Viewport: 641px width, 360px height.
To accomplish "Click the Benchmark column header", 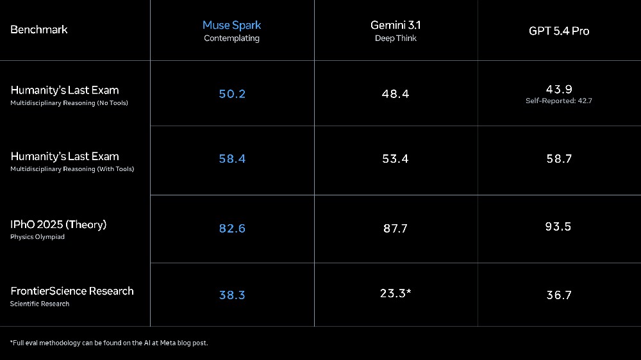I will click(39, 29).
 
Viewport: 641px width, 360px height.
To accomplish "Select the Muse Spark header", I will click(231, 26).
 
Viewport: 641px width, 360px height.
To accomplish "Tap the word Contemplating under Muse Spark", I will click(231, 38).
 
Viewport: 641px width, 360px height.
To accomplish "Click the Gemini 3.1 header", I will click(395, 26).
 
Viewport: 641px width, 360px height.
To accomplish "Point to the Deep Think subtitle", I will click(395, 38).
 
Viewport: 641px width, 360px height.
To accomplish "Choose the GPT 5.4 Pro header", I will click(559, 31).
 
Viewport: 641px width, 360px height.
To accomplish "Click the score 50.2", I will click(232, 94).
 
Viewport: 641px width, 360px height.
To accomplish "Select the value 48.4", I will click(395, 94).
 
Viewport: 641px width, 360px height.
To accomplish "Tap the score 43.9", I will click(559, 89).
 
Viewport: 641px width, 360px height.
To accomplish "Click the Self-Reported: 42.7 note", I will click(559, 101).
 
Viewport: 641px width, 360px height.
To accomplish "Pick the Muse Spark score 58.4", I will click(232, 159).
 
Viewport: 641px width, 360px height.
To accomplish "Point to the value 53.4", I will click(395, 159).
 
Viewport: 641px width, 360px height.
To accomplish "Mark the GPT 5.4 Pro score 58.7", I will click(559, 159).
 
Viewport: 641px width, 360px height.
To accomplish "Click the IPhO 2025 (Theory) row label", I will click(58, 225).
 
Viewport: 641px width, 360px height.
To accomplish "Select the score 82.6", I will click(232, 229).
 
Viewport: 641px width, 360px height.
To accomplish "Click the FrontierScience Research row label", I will click(72, 291).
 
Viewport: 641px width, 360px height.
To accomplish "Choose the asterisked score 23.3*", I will click(395, 293).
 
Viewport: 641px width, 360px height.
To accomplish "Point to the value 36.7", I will click(559, 295).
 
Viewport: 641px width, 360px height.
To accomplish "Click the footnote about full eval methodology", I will click(109, 343).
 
